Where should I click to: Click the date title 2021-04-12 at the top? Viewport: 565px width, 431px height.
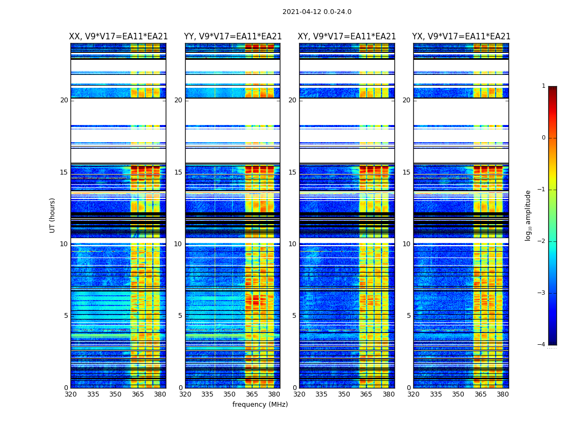tap(316, 12)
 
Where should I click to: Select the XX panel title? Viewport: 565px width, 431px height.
tap(118, 37)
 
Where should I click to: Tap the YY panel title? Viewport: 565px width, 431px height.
tap(232, 37)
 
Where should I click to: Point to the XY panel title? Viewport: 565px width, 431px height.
tap(347, 37)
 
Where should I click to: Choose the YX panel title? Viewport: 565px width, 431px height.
tap(461, 37)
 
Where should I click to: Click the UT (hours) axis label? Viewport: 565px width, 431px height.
tap(53, 215)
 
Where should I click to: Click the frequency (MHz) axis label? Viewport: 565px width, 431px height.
tap(260, 405)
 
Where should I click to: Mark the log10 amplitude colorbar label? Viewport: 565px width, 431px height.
tap(528, 215)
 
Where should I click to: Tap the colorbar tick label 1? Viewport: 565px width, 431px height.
tap(543, 86)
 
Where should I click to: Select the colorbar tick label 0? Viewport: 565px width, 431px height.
tap(543, 138)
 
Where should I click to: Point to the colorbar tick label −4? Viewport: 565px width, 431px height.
tap(542, 345)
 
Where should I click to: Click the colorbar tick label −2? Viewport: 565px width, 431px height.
tap(542, 241)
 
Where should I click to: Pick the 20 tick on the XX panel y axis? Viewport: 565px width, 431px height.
tap(64, 100)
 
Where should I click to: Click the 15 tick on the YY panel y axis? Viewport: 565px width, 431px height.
tap(178, 172)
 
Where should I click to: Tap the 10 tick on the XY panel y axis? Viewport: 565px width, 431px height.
tap(292, 244)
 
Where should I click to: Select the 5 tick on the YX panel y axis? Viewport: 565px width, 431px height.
tap(408, 316)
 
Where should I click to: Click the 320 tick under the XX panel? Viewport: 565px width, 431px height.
tap(70, 394)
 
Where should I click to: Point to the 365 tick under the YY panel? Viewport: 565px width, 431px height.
tap(252, 394)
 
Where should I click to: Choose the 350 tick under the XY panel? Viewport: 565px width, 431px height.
tap(344, 394)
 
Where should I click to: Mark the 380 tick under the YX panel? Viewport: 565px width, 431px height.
tap(503, 394)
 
